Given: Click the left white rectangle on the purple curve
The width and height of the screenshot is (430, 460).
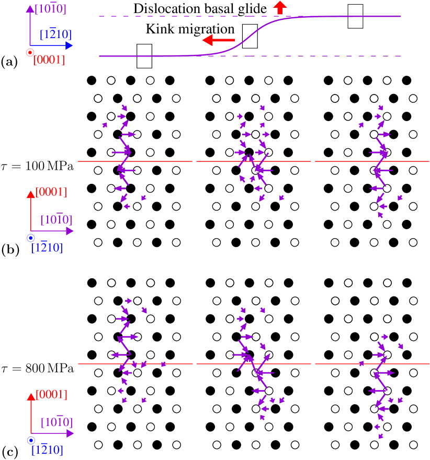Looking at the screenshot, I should [144, 56].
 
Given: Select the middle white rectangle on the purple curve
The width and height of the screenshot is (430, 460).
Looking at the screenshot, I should [250, 37].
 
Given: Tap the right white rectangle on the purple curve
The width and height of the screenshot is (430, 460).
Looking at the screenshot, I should [355, 16].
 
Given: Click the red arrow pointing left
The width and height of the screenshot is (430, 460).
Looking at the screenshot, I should [219, 40].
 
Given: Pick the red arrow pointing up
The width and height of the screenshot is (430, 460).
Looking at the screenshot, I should [280, 7].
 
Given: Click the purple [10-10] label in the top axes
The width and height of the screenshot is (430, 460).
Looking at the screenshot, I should [50, 9].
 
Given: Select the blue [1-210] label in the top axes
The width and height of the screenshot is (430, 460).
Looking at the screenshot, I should [55, 35].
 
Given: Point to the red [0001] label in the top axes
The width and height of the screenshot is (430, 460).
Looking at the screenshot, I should [49, 60].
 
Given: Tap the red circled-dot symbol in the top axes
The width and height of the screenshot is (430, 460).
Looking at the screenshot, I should [30, 52].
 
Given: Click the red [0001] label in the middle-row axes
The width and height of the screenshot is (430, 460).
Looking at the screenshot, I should [51, 192].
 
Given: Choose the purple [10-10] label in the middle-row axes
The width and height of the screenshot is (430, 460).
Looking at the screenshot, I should [56, 220].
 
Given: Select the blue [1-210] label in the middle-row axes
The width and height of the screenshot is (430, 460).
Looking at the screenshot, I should [47, 247].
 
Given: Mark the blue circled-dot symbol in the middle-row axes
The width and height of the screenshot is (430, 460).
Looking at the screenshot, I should [30, 238].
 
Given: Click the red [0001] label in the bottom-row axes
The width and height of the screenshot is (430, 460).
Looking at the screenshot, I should [51, 395].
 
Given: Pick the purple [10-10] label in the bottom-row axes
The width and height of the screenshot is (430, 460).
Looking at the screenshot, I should [56, 422].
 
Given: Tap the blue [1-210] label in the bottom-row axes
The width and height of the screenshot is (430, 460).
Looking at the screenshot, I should [47, 450].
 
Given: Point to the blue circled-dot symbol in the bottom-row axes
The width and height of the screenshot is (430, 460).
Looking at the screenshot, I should [30, 440].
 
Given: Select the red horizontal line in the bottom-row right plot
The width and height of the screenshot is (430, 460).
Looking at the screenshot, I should [408, 364].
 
